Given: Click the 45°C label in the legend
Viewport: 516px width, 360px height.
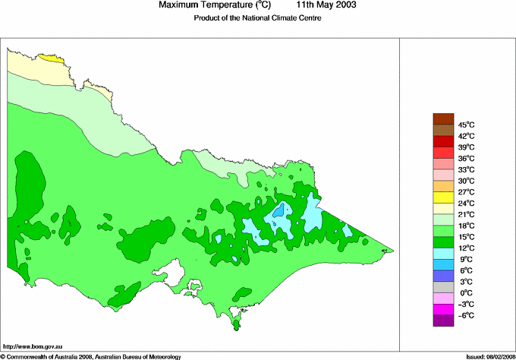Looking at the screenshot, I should [466, 125].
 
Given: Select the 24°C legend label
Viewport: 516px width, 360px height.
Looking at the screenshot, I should [466, 204].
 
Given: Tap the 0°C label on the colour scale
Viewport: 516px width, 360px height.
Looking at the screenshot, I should [466, 293].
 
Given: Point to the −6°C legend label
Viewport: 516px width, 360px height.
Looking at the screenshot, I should [466, 315].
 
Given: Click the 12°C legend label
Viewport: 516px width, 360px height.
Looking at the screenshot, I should [466, 248].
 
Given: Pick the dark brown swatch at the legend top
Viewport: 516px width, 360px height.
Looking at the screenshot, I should [442, 118].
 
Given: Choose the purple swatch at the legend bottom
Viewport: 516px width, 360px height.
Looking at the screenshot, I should [442, 321].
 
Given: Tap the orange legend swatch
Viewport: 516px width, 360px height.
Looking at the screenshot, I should [442, 186].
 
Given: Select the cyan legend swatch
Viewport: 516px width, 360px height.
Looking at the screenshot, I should [442, 254].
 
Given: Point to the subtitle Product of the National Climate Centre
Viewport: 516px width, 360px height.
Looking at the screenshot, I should [257, 18].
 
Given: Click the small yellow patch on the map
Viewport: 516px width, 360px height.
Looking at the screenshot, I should [49, 57].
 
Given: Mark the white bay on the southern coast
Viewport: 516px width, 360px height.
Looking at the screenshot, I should [176, 270].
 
